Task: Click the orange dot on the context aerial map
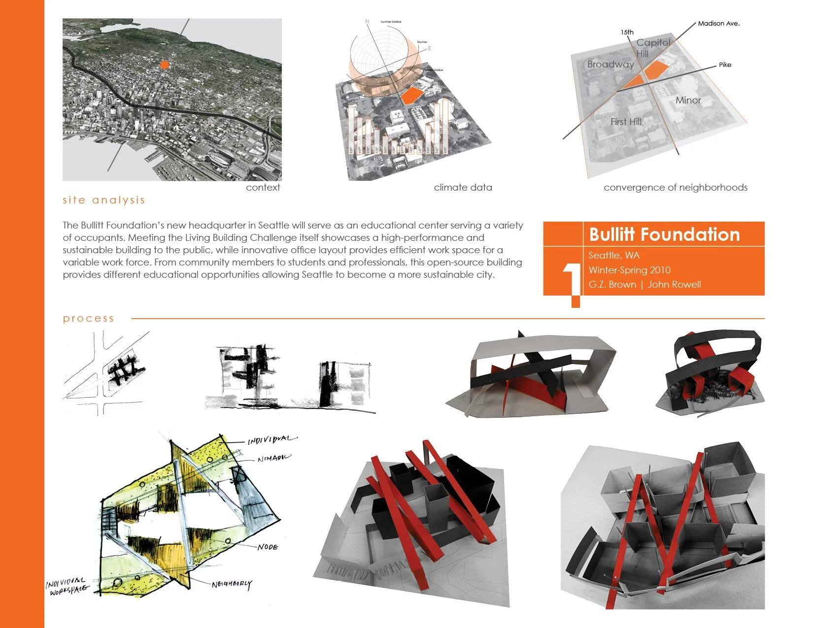[x=165, y=65]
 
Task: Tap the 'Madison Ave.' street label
[x=718, y=23]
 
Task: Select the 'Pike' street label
[x=725, y=65]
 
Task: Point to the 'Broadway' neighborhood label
[x=610, y=64]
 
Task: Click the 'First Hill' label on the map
[x=626, y=122]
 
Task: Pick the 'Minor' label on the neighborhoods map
[x=688, y=100]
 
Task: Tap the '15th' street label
[x=627, y=32]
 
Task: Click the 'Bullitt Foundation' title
[x=664, y=234]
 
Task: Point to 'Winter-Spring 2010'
[x=629, y=270]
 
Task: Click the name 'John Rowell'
[x=674, y=284]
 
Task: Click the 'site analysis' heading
[x=103, y=200]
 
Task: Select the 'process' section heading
[x=88, y=318]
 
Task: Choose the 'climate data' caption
[x=463, y=187]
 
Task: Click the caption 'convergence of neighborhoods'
[x=675, y=187]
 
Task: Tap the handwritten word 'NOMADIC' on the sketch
[x=274, y=459]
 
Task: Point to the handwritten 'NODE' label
[x=268, y=547]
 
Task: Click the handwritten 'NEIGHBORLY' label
[x=232, y=584]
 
